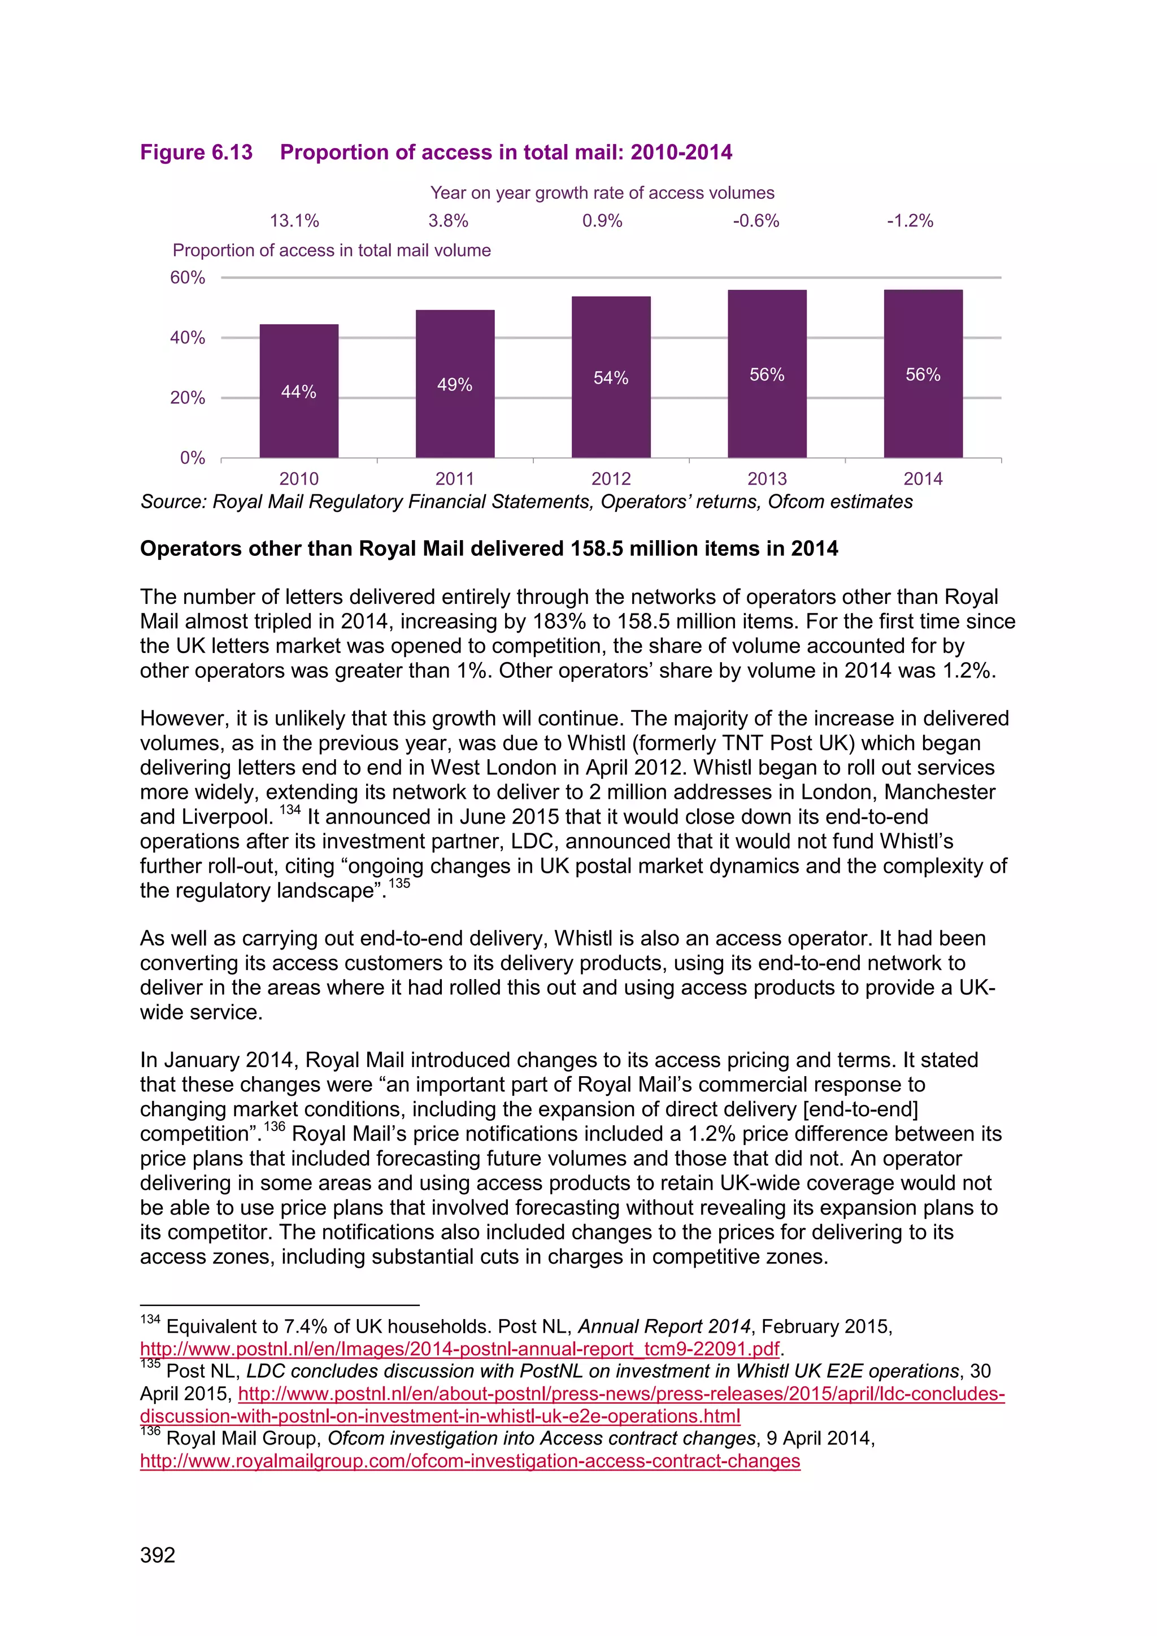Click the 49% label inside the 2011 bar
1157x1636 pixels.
click(455, 385)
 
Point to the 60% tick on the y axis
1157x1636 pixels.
click(188, 278)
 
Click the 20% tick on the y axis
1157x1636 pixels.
click(188, 398)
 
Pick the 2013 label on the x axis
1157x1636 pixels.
click(767, 479)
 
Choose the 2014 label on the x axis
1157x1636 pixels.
click(923, 479)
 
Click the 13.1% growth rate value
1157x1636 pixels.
click(294, 221)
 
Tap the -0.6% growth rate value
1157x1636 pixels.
click(756, 221)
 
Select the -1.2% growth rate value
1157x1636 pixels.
click(910, 221)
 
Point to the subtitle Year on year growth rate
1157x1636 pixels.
click(602, 193)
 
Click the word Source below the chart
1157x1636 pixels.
click(173, 502)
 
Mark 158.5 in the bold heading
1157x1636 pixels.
click(603, 549)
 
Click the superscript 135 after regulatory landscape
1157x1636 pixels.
click(399, 884)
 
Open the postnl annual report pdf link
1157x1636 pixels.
click(459, 1349)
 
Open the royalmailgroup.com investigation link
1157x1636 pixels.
click(470, 1461)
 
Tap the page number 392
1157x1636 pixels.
click(158, 1555)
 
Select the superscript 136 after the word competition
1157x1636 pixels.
click(275, 1126)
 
